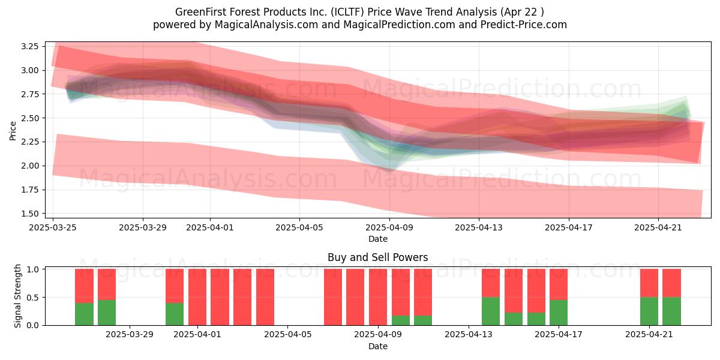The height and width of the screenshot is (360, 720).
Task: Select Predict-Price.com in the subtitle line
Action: point(524,25)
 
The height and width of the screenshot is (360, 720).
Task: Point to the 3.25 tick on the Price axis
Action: point(29,46)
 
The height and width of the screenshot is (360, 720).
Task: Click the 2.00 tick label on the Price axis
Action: point(29,166)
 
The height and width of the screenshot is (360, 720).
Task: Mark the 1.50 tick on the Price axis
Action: point(29,214)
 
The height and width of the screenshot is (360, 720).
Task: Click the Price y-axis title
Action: point(13,131)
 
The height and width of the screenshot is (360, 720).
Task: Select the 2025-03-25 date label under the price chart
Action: point(53,227)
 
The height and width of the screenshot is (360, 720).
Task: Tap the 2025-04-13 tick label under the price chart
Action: point(479,227)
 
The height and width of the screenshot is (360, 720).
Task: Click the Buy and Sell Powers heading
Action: point(377,257)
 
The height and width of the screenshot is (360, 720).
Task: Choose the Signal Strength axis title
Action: point(17,296)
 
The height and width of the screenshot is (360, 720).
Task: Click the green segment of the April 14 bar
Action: point(491,311)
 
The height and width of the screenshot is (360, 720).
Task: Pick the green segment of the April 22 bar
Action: point(671,311)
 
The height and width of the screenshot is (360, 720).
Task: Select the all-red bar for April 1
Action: point(197,297)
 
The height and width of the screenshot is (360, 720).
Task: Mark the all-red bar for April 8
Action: point(355,297)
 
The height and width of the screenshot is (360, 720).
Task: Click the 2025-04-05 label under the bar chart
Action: point(287,335)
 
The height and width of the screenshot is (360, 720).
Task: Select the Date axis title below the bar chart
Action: point(377,347)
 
